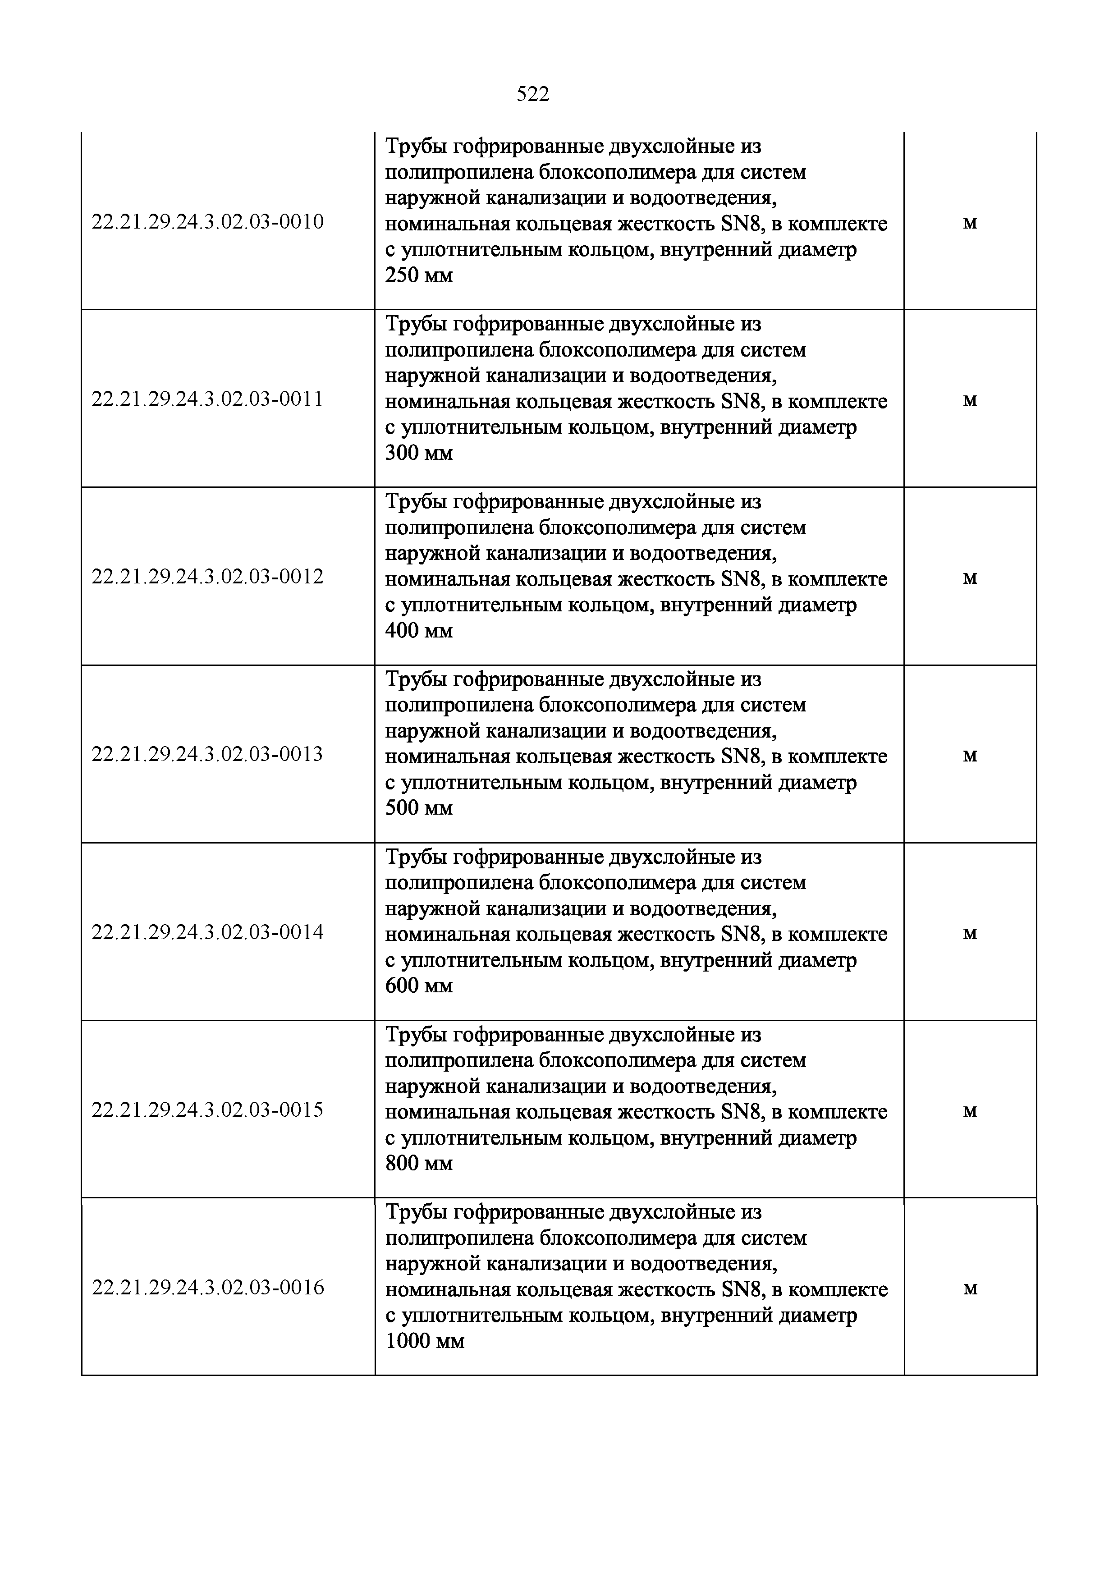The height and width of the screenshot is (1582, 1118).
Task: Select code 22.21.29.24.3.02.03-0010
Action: [x=207, y=222]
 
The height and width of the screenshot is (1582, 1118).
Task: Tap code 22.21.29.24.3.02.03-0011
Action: [x=207, y=399]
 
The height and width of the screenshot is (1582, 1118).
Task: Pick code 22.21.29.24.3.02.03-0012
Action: [x=207, y=577]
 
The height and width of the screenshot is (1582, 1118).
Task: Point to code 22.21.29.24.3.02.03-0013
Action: [x=207, y=754]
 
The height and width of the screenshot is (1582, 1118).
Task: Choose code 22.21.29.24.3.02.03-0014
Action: [x=207, y=932]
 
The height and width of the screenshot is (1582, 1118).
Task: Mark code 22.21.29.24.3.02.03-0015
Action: [x=207, y=1110]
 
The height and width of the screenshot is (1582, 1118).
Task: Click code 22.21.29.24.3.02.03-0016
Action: [x=207, y=1288]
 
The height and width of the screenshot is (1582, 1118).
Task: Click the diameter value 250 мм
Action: [x=419, y=275]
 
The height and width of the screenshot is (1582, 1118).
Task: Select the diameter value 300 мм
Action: [x=419, y=454]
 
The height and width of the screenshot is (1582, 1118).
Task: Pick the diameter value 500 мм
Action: [x=419, y=808]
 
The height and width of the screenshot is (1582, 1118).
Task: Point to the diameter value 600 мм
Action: [x=419, y=986]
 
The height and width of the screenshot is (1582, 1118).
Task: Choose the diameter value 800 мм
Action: [x=419, y=1164]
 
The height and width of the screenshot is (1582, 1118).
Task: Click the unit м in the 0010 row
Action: [x=970, y=223]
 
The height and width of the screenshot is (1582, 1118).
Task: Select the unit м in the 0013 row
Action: [x=970, y=757]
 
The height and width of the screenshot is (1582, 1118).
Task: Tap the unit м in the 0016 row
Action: [x=970, y=1289]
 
